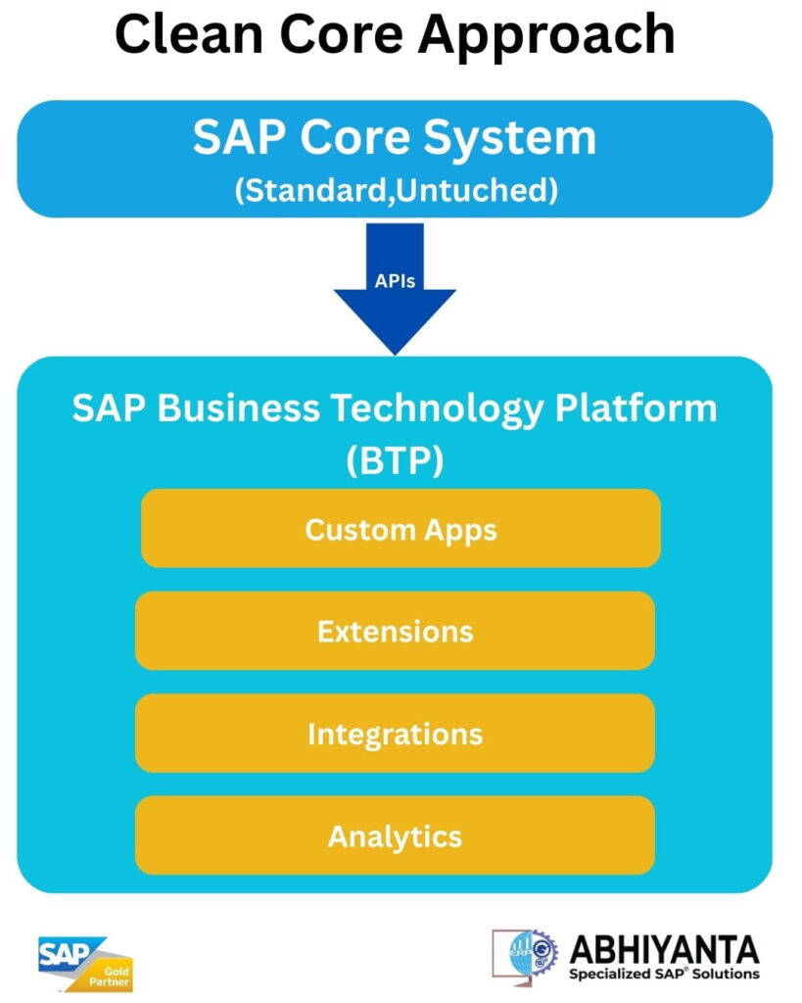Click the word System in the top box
pos(515,138)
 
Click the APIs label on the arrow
pos(395,281)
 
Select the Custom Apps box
pos(401,529)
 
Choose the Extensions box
pos(395,631)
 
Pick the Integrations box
pos(395,734)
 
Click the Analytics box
pos(395,836)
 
